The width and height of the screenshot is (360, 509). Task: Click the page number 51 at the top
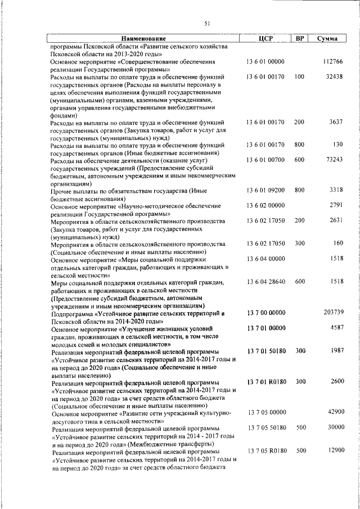tap(206, 23)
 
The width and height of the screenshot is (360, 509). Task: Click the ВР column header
tap(300, 38)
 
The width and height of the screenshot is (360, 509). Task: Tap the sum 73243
tap(334, 160)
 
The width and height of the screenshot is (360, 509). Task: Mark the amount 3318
tap(336, 191)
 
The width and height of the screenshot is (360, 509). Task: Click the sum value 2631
tap(336, 221)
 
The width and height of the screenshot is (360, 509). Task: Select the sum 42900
tap(334, 412)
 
